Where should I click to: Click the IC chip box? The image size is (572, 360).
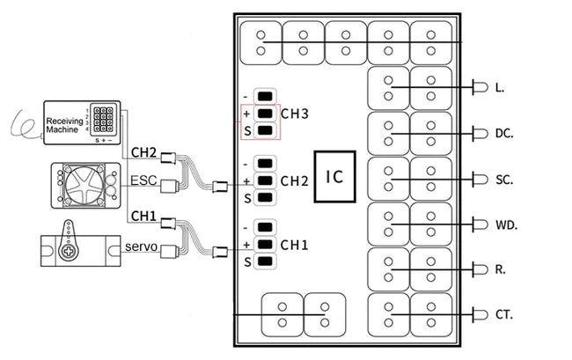coord(334,176)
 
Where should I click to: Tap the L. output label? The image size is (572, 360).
coord(500,88)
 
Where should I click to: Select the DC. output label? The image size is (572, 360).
coord(504,134)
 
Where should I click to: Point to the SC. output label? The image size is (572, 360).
coord(504,180)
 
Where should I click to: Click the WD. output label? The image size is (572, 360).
coord(506,225)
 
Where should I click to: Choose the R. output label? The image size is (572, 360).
coord(500,269)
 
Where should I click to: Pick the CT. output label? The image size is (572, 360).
coord(504,314)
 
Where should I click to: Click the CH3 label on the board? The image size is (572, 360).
coord(296,114)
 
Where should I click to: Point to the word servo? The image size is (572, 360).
coord(140,247)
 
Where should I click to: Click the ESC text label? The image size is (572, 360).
coord(143,180)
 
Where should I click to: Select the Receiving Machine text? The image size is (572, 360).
coord(63,128)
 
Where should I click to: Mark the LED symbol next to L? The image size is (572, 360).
coord(480,87)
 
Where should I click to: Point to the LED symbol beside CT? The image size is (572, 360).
coord(480,314)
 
